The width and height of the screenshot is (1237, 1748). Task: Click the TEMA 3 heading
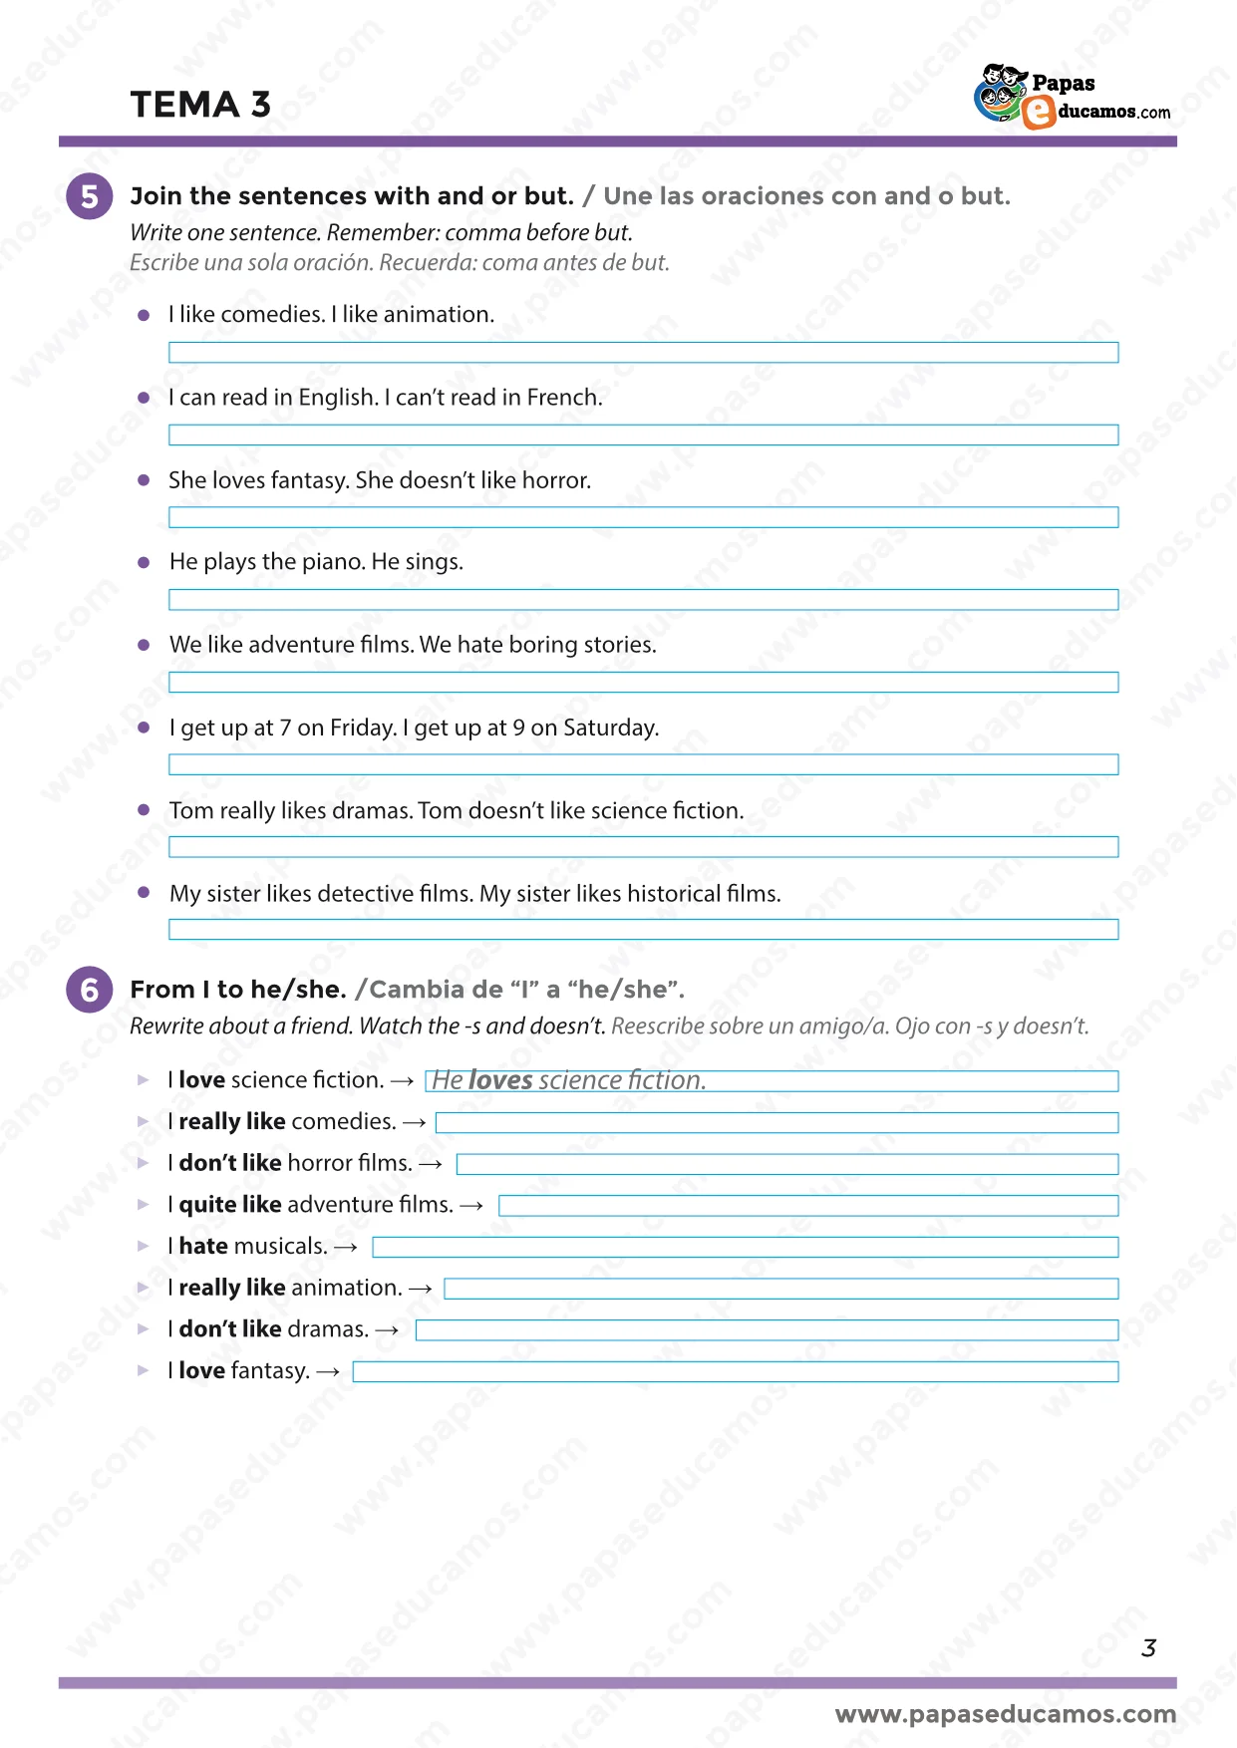200,105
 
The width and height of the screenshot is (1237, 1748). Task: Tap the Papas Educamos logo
1072,98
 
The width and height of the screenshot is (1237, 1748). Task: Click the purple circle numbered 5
90,196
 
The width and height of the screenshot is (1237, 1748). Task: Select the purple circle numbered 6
90,990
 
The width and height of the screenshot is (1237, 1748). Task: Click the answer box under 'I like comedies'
643,353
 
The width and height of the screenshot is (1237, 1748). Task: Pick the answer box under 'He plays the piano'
643,600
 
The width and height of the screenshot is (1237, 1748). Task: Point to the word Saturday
609,728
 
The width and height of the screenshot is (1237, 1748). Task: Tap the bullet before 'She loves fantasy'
144,480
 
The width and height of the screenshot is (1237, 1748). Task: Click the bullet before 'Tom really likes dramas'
144,810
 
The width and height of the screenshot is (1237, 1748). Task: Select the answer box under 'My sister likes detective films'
643,930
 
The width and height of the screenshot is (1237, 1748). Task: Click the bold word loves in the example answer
500,1081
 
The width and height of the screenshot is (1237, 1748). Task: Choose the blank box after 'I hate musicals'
745,1248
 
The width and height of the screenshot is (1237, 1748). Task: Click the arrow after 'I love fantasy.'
328,1372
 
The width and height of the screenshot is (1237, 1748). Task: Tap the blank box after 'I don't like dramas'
767,1330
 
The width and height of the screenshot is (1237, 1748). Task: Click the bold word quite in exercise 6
207,1205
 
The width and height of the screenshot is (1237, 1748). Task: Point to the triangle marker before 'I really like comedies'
144,1122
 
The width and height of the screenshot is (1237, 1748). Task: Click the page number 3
1148,1648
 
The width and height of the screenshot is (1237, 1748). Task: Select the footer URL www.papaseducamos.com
1005,1714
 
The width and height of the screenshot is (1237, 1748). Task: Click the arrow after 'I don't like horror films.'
431,1164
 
